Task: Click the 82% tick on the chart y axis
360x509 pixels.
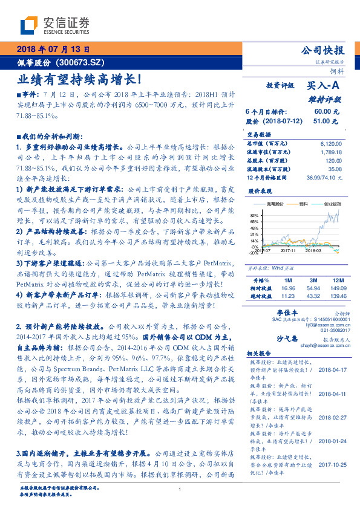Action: click(x=254, y=215)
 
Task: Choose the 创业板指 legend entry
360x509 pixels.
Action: click(x=330, y=204)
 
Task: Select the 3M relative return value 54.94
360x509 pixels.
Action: click(x=313, y=288)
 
